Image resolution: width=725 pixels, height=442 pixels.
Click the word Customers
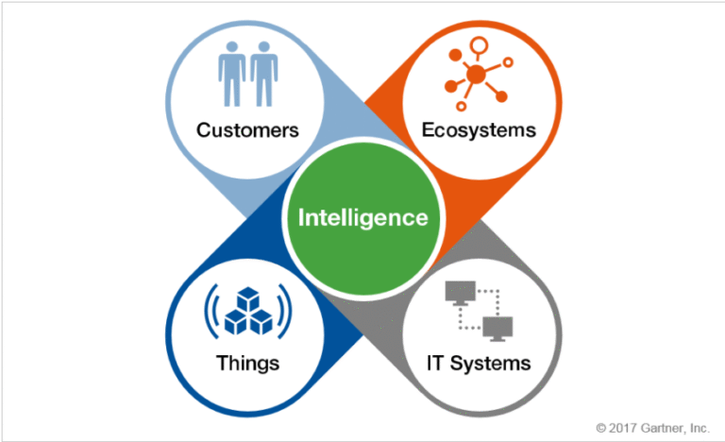click(x=247, y=130)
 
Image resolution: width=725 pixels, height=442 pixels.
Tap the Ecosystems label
click(x=479, y=130)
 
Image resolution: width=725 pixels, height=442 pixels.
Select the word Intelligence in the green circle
click(x=362, y=218)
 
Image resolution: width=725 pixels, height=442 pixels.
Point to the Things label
click(x=248, y=364)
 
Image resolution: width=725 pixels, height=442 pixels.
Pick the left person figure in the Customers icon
click(x=232, y=74)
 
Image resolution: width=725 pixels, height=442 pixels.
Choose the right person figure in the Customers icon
click(x=264, y=74)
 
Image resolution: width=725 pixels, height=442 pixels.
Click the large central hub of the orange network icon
click(x=476, y=74)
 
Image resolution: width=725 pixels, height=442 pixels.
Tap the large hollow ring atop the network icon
click(x=479, y=46)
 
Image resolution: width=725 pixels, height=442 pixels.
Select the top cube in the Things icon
click(x=248, y=298)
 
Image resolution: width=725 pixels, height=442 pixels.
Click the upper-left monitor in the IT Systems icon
click(x=460, y=293)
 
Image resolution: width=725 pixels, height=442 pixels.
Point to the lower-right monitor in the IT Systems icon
click(x=497, y=329)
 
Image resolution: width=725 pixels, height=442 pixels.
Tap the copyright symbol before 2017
click(x=601, y=428)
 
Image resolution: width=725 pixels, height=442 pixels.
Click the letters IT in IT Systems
click(x=435, y=364)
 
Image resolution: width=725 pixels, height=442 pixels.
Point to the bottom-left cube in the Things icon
click(x=236, y=322)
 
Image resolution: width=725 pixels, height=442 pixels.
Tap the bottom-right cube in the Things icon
click(x=261, y=322)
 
